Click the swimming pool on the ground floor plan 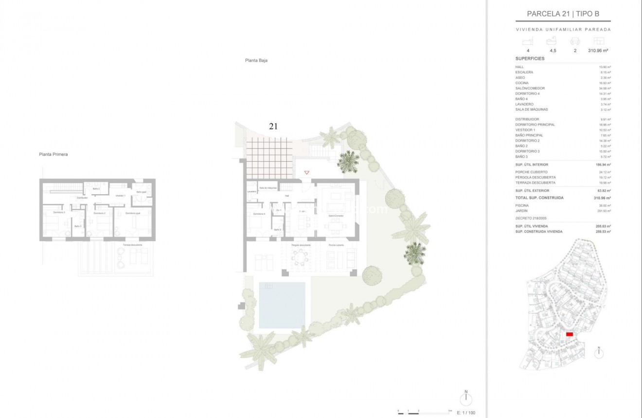pos(282,305)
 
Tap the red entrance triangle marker pos(306,172)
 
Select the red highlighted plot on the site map pos(570,334)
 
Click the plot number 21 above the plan pos(273,126)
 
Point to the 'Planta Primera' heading pos(53,154)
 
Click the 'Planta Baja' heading pos(256,61)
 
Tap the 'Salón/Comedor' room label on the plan pos(336,216)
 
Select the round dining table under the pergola pos(301,257)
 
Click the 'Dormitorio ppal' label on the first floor pos(132,213)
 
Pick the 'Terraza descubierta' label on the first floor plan pos(132,245)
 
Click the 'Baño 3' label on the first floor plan pos(78,226)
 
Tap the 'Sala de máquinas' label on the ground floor pos(267,188)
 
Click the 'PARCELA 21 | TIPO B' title pos(563,14)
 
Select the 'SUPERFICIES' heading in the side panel pos(530,59)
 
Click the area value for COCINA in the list pos(605,83)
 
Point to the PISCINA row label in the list pos(522,205)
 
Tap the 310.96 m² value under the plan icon pos(599,51)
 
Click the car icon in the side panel pos(575,42)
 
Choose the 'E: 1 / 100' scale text pos(466,413)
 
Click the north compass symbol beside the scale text pos(466,399)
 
